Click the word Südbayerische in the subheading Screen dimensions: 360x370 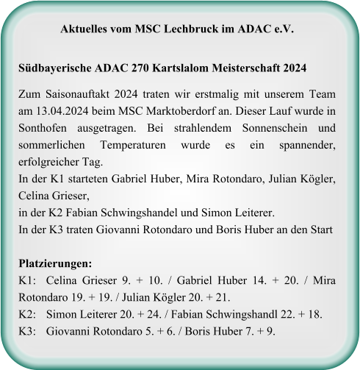coord(54,68)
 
